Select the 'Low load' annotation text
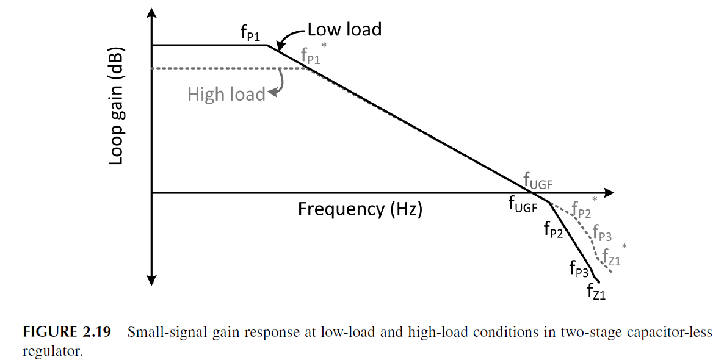[x=344, y=29]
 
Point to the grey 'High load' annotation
[x=226, y=95]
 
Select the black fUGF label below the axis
[x=523, y=206]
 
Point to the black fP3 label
[x=579, y=268]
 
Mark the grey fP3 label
[x=602, y=236]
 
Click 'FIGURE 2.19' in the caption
[x=67, y=333]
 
